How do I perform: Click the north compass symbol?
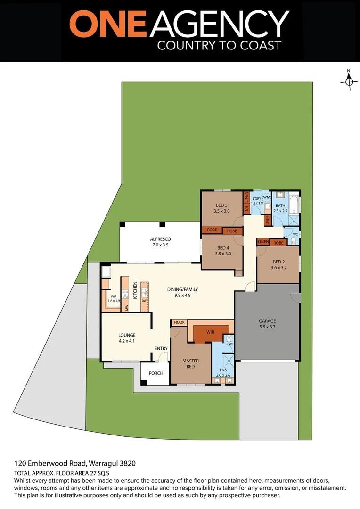click(349, 81)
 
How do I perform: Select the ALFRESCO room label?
click(160, 242)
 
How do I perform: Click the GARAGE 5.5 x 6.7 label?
click(267, 324)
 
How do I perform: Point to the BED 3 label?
click(222, 208)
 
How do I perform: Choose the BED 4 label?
click(223, 251)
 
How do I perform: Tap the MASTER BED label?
click(190, 363)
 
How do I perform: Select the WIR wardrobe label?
click(210, 332)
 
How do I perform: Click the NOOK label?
click(179, 322)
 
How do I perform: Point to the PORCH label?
click(156, 373)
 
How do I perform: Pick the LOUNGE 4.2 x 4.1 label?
click(127, 338)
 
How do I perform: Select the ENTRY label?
click(161, 349)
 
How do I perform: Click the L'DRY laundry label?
click(257, 200)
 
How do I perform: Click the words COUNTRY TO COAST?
click(219, 45)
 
